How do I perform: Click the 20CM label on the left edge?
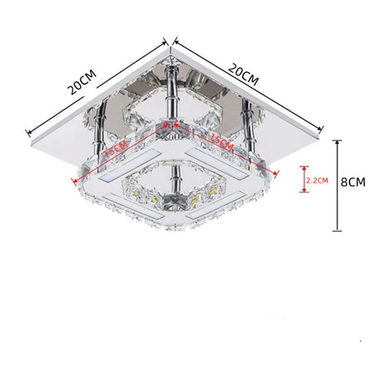(x=83, y=82)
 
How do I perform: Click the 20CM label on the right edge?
(x=244, y=74)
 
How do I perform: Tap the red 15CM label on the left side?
(x=116, y=149)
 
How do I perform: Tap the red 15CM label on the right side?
(x=222, y=141)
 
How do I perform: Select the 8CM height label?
(x=353, y=182)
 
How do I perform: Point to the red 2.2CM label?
(x=317, y=180)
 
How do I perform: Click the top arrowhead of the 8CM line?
(x=337, y=142)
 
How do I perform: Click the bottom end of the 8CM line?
(x=337, y=231)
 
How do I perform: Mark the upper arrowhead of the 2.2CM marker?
(x=304, y=168)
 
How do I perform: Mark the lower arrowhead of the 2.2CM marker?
(x=304, y=190)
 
